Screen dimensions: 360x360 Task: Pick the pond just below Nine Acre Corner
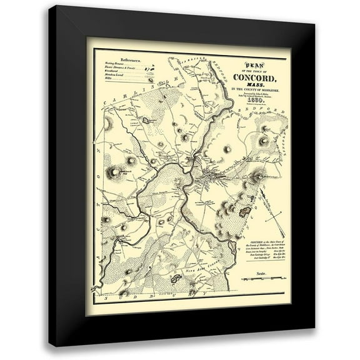point(176,278)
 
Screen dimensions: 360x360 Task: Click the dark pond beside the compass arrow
point(245,212)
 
